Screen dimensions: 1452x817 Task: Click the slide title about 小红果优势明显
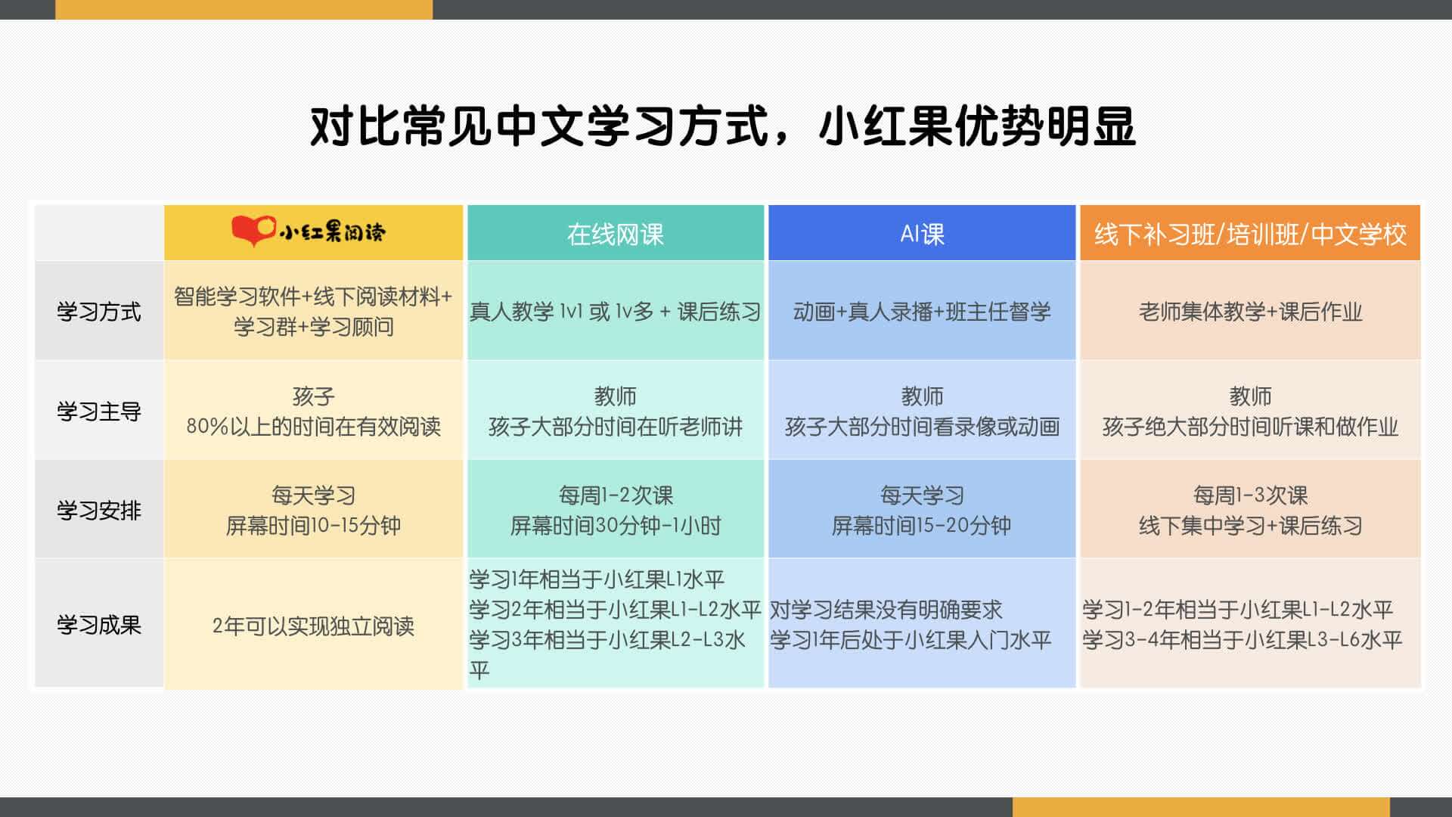[x=722, y=126]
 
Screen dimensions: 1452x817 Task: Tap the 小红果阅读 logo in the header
[x=309, y=231]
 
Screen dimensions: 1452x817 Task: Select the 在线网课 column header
[x=616, y=234]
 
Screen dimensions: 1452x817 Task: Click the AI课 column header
[x=922, y=234]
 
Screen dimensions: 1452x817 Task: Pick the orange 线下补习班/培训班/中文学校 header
[x=1250, y=234]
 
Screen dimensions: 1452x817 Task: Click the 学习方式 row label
[x=99, y=311]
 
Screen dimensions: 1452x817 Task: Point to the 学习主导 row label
[x=99, y=411]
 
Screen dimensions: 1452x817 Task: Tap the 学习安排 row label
[x=99, y=510]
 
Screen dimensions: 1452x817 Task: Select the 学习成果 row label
[x=99, y=625]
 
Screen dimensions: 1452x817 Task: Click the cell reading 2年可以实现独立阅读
[x=313, y=626]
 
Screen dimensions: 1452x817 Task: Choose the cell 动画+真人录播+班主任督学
[x=922, y=311]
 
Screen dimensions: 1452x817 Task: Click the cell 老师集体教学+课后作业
[x=1250, y=311]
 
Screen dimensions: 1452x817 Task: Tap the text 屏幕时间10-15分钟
[x=313, y=525]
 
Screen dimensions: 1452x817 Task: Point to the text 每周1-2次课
[x=616, y=495]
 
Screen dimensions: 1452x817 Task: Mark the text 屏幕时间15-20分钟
[x=922, y=525]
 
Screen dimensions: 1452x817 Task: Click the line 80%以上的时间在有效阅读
[x=313, y=426]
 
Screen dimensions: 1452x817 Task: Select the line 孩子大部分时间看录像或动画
[x=922, y=426]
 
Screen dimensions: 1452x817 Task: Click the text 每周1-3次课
[x=1250, y=495]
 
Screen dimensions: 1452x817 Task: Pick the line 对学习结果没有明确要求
[x=886, y=609]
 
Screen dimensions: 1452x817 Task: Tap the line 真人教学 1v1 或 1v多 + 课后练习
[x=616, y=311]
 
